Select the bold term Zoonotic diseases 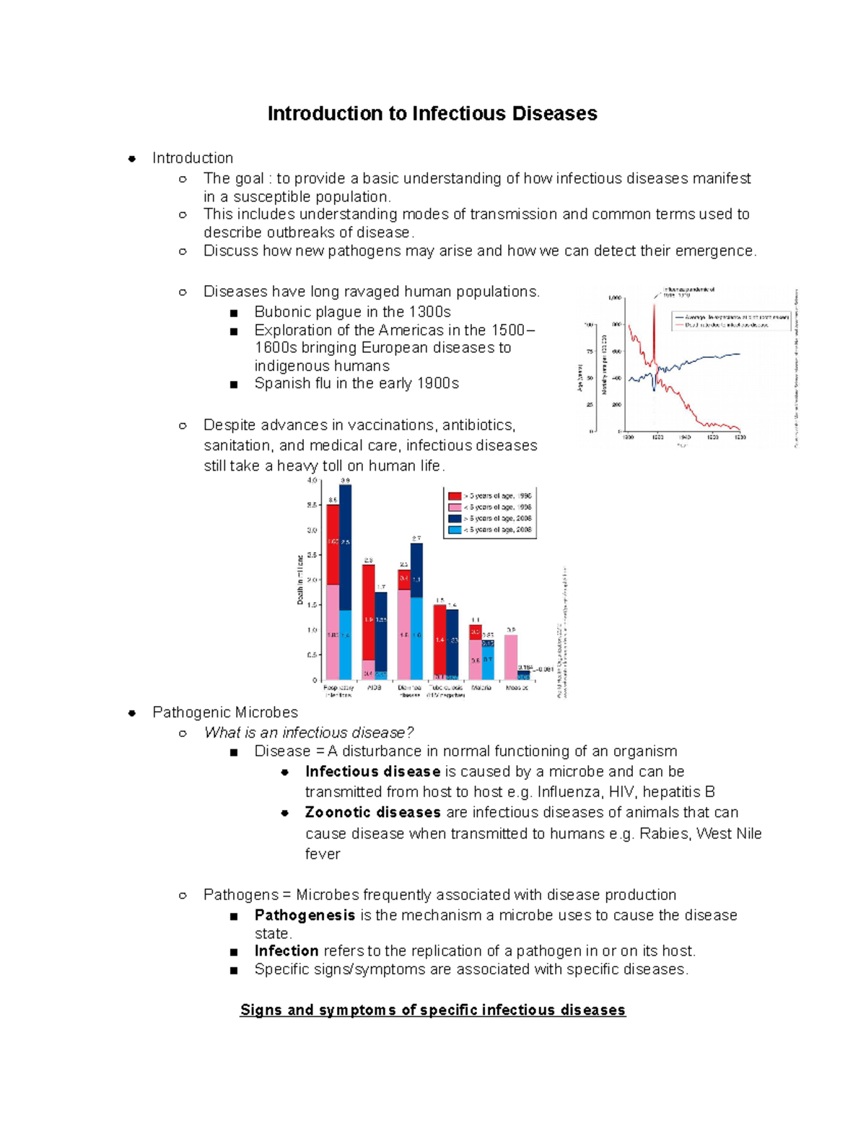click(x=372, y=812)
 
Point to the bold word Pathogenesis click(x=305, y=915)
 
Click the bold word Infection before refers click(x=287, y=951)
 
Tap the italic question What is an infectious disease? click(x=309, y=733)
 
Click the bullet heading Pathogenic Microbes click(x=225, y=712)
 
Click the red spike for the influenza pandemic click(x=654, y=325)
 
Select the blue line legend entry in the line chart click(x=729, y=316)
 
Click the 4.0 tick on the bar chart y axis click(x=312, y=480)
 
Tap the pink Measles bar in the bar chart click(x=511, y=657)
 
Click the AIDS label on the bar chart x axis click(x=374, y=688)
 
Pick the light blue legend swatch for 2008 click(x=455, y=530)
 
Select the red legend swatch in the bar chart click(x=455, y=496)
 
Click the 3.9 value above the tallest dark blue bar click(x=346, y=480)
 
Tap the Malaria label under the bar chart click(x=481, y=688)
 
